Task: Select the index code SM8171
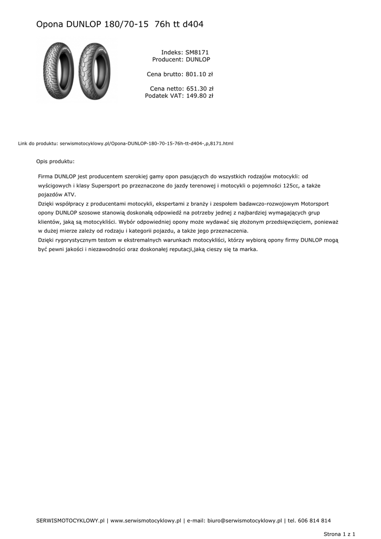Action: (197, 53)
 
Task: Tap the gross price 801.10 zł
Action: (199, 74)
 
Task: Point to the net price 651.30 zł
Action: (199, 88)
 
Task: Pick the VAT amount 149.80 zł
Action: (199, 96)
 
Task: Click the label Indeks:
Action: (172, 53)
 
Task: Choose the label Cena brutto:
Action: (165, 74)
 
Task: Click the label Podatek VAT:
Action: (164, 96)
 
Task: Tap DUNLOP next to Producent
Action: (198, 60)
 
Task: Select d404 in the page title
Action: (193, 24)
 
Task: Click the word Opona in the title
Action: (50, 24)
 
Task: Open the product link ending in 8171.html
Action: (147, 143)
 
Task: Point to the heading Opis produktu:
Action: (55, 162)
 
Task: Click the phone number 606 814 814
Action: (314, 521)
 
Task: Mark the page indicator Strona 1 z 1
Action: (339, 534)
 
